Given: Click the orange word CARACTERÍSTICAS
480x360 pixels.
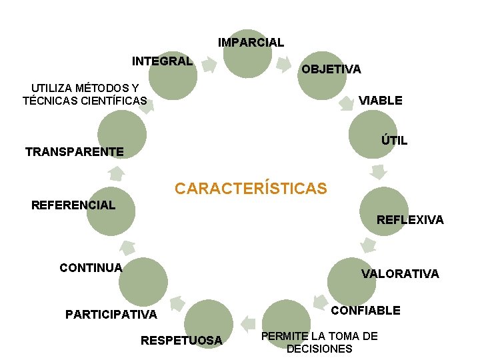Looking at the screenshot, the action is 251,189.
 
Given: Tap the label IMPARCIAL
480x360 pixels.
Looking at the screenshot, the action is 251,43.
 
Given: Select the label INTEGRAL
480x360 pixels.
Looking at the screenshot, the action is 162,61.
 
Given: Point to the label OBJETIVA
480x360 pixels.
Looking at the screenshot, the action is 331,69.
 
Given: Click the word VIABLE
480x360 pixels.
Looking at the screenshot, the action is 381,101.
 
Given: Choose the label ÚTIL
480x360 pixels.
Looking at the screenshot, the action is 394,141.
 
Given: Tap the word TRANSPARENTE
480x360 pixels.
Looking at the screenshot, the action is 74,152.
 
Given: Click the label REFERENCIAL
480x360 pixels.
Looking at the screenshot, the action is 73,205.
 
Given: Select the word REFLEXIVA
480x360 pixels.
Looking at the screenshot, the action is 410,220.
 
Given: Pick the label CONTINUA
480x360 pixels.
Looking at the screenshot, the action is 91,268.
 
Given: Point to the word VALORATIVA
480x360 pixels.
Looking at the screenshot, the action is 400,273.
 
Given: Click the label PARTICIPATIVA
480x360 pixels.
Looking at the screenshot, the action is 111,314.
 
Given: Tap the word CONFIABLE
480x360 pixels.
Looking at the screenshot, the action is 366,311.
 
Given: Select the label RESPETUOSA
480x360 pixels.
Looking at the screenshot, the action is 181,341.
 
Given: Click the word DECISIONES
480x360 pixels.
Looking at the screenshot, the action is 319,349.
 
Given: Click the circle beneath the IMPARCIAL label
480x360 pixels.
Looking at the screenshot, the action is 247,53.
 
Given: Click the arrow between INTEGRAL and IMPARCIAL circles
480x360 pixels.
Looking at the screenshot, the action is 209,65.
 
